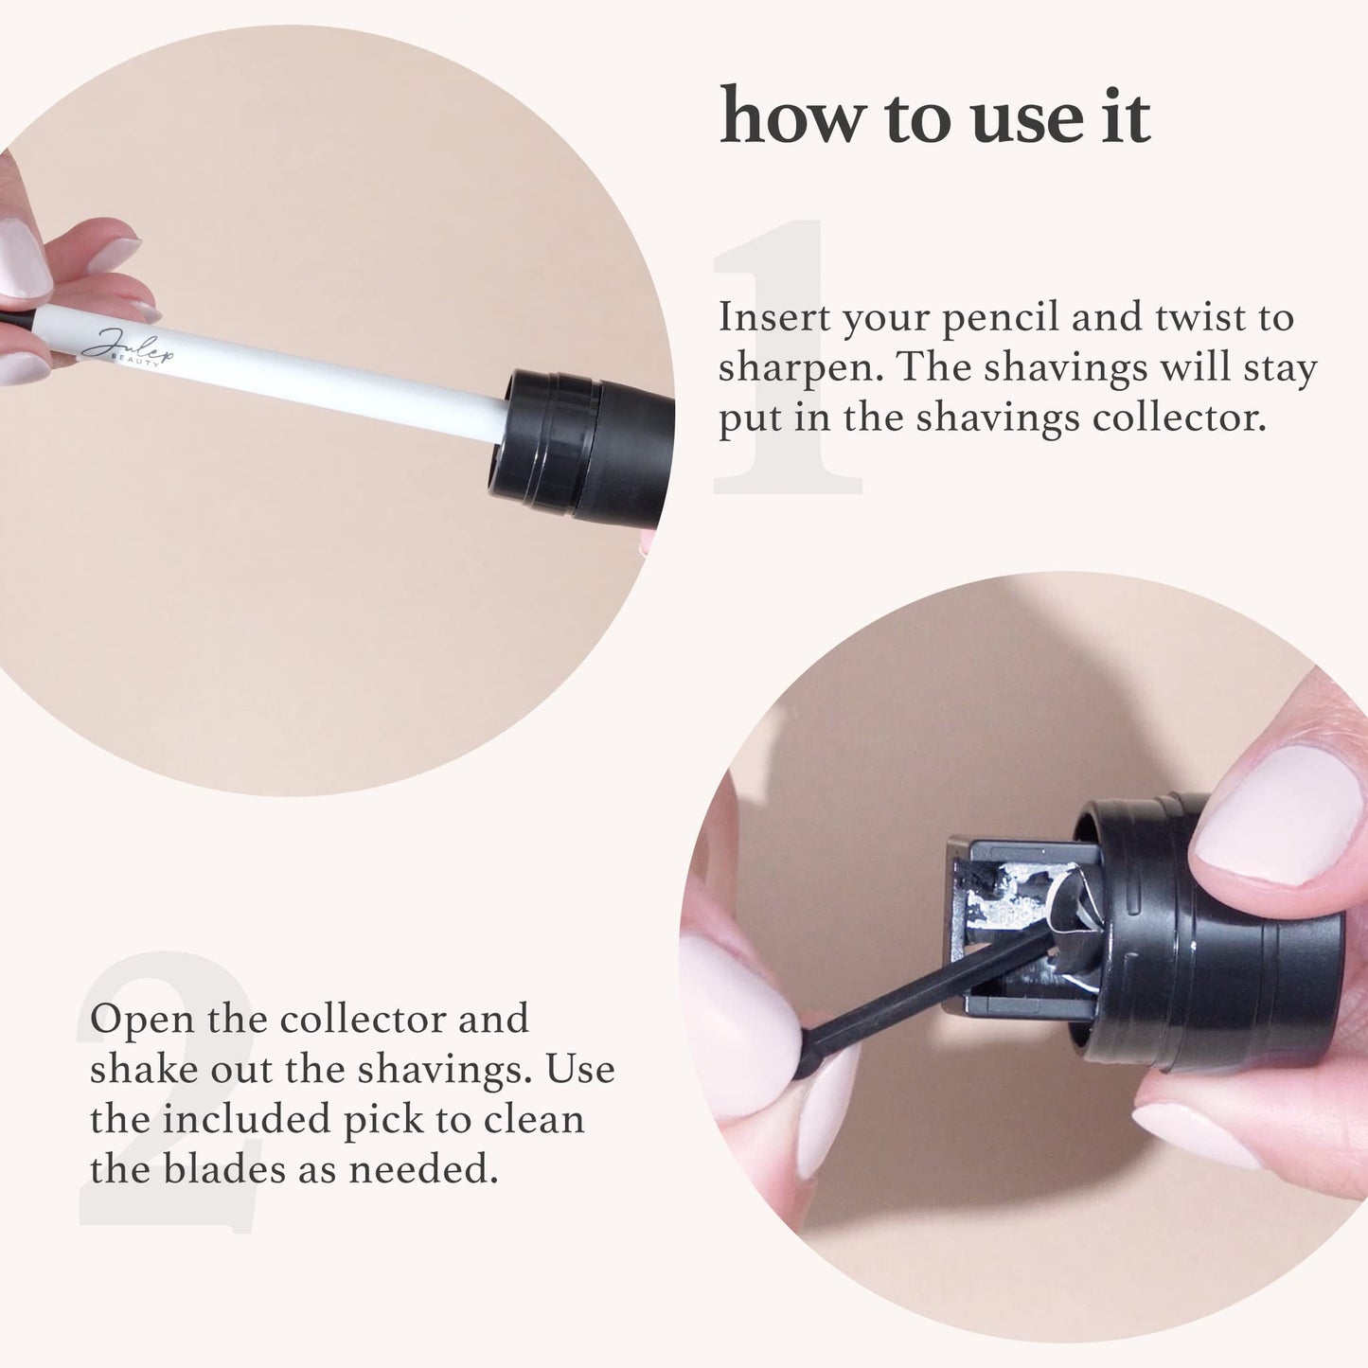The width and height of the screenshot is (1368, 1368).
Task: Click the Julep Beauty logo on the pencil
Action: tap(127, 347)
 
